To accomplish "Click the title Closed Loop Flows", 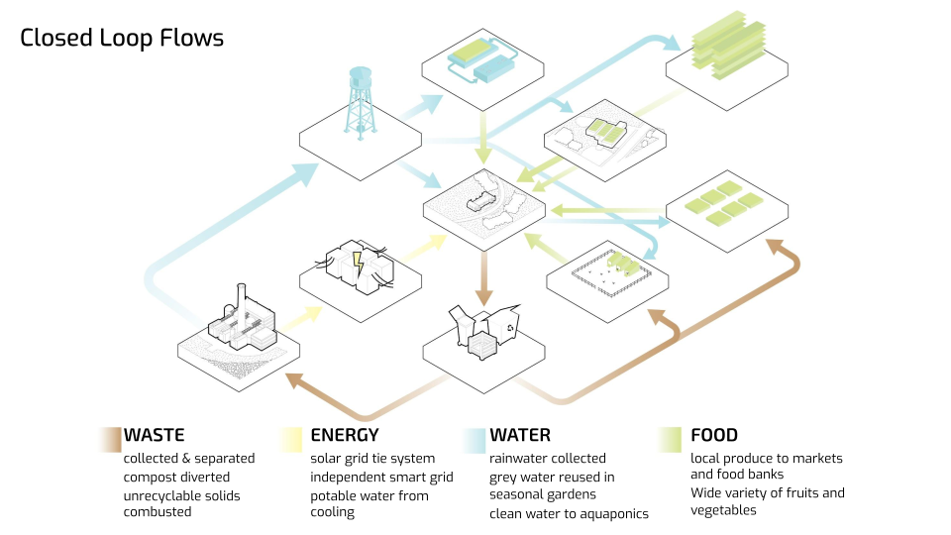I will (122, 39).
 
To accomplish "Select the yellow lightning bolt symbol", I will (359, 264).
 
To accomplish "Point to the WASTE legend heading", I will (154, 435).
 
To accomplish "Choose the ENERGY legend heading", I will (345, 435).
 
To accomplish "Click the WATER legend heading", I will (520, 435).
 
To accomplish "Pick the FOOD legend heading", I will (714, 435).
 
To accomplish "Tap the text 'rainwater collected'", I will (547, 459).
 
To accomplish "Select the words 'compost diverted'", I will (175, 477).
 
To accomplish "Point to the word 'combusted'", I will (158, 512).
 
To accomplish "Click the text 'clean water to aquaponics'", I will (569, 513).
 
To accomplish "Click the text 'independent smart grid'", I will (381, 477).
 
